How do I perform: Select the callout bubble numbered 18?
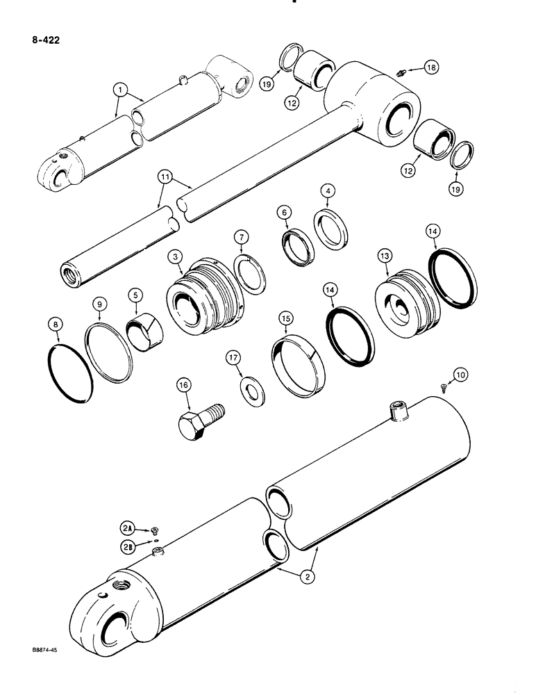(x=431, y=67)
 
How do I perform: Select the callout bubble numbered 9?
(x=99, y=304)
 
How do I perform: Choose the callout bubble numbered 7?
(x=241, y=239)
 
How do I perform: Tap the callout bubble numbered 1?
(x=121, y=90)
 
